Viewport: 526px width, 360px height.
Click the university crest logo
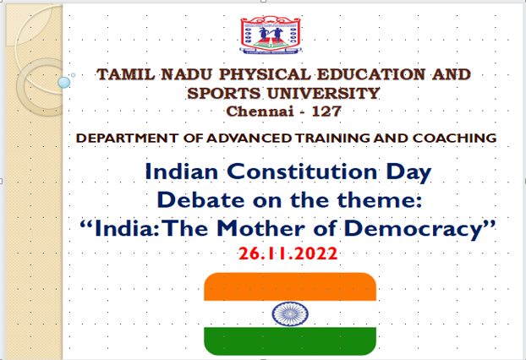point(271,35)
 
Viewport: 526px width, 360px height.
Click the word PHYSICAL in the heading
point(265,74)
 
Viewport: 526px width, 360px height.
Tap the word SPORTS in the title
point(224,93)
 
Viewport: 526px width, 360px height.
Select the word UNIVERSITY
point(323,93)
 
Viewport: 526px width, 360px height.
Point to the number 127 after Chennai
point(326,112)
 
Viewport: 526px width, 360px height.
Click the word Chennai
point(260,112)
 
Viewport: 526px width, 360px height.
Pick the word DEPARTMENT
point(127,138)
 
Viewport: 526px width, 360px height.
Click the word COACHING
point(454,138)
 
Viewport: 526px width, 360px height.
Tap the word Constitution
point(302,172)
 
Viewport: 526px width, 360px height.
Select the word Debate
point(200,200)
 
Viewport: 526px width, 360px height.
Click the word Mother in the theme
point(260,229)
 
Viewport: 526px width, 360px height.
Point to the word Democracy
point(414,230)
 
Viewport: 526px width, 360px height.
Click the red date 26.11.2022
point(288,254)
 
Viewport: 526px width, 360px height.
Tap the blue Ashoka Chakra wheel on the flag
point(290,314)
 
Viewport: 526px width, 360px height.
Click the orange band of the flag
point(290,286)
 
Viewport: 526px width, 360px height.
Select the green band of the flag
point(290,341)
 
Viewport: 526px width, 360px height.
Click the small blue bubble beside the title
point(63,83)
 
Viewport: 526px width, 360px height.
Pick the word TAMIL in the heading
point(126,74)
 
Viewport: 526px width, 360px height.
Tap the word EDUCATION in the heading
point(371,74)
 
